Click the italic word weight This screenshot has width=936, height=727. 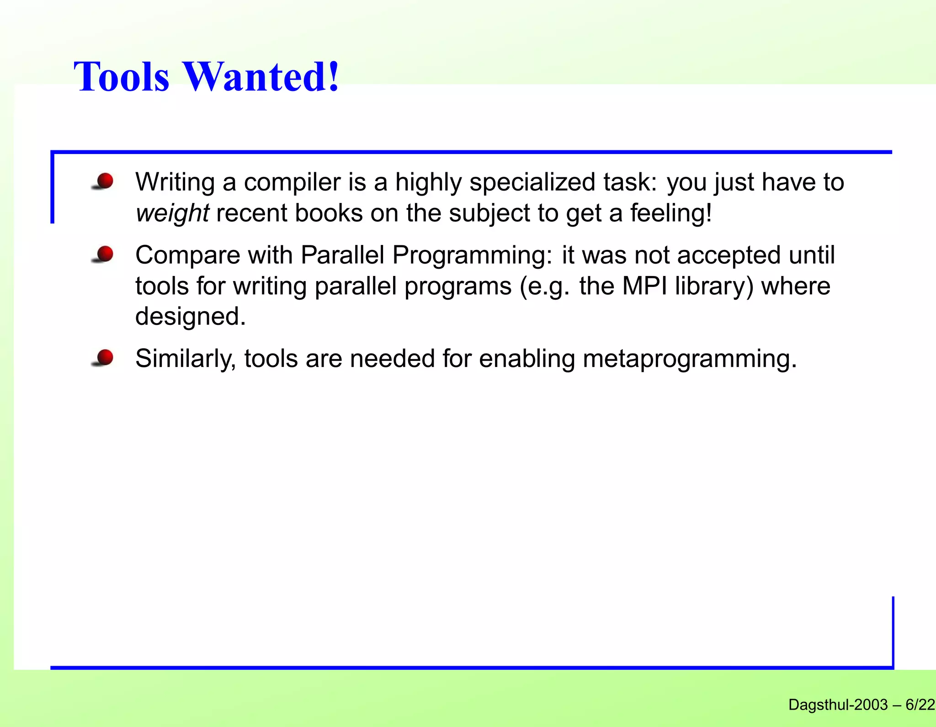pos(172,213)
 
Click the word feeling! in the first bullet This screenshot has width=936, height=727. pos(671,213)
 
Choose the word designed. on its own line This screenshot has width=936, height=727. pos(191,316)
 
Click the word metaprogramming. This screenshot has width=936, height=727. pos(690,359)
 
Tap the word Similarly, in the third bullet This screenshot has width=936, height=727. pos(186,359)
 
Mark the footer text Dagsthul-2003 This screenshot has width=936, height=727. pos(838,705)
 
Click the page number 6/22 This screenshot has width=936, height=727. pos(920,705)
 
